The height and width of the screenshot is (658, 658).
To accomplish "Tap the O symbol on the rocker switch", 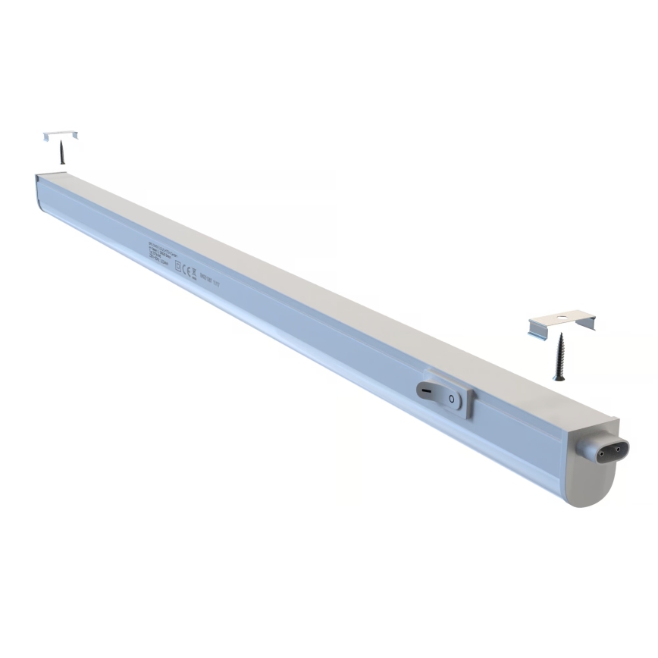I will pos(452,397).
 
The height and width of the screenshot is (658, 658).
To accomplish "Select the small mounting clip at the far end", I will pos(61,135).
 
